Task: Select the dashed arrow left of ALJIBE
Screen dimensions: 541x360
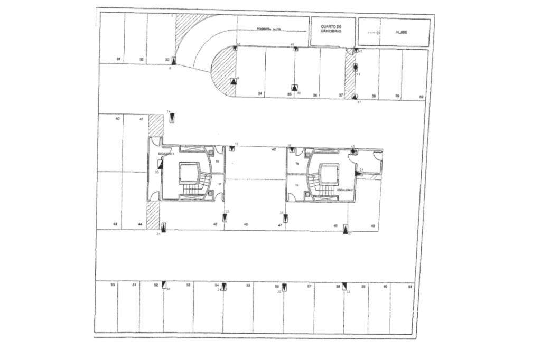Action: pyautogui.click(x=374, y=33)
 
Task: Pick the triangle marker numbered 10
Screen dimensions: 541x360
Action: pyautogui.click(x=294, y=88)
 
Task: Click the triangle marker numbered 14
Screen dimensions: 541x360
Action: pyautogui.click(x=172, y=118)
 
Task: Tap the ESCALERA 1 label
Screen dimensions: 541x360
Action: pyautogui.click(x=166, y=154)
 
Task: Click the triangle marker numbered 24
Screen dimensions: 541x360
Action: pyautogui.click(x=164, y=228)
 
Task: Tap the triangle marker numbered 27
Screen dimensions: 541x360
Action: pyautogui.click(x=346, y=229)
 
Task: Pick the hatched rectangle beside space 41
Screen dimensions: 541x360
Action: pyautogui.click(x=155, y=126)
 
